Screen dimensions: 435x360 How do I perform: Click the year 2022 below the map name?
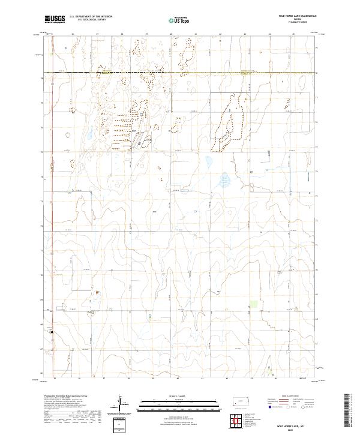tap(290, 428)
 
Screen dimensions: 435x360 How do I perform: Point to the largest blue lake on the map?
tap(224, 179)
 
